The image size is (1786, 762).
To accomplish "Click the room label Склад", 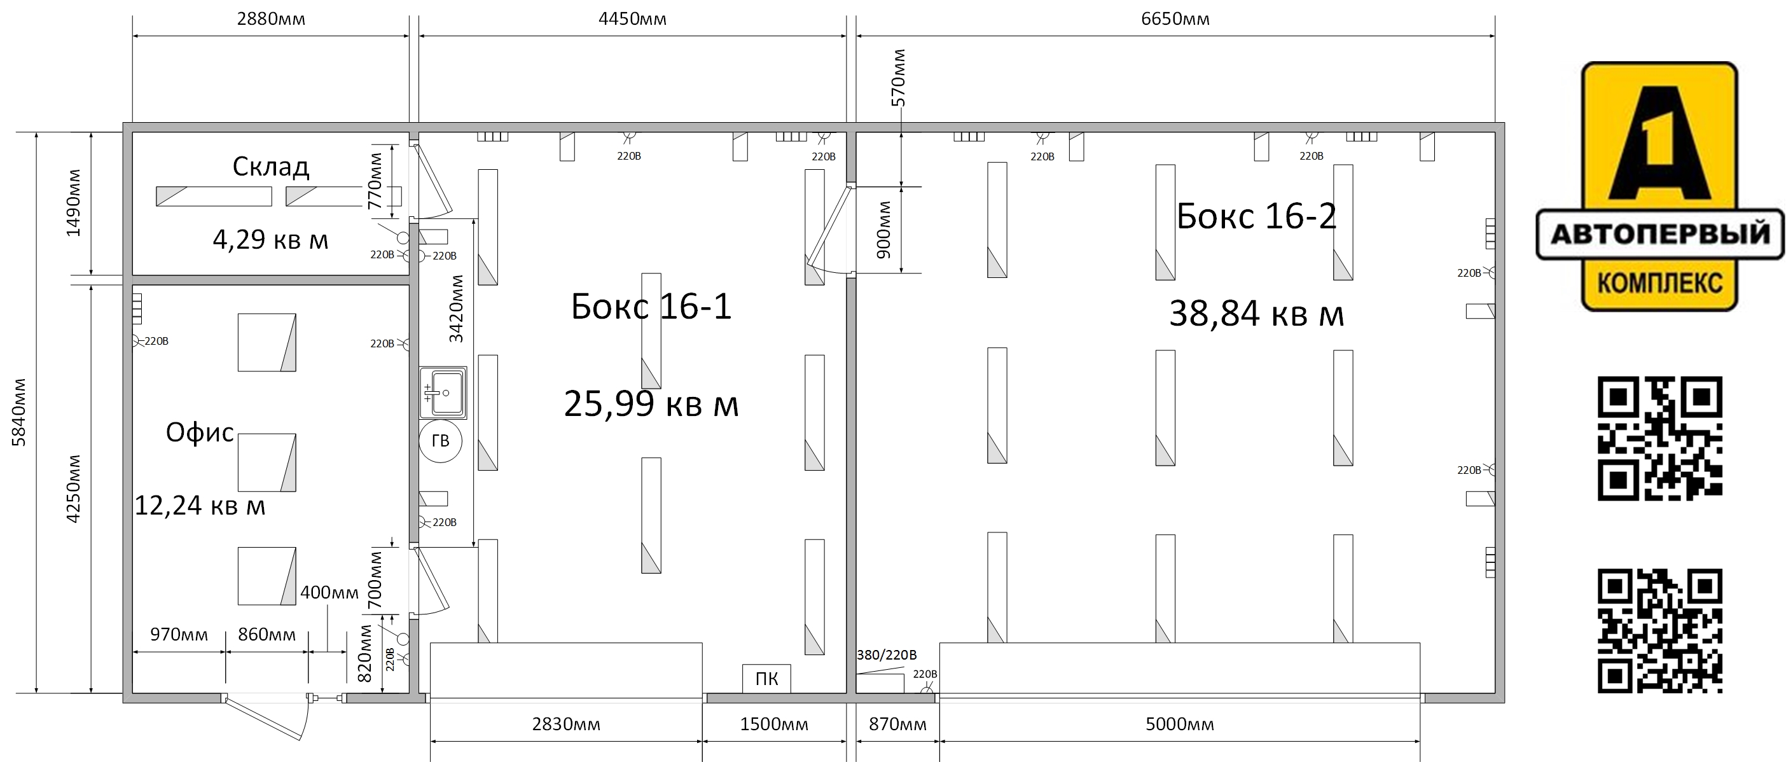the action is click(270, 167).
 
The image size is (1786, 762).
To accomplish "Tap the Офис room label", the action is click(200, 433).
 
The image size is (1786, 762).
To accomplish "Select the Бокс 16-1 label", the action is click(651, 307).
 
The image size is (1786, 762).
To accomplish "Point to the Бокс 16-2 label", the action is click(1256, 216).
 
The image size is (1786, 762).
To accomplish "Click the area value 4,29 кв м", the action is click(270, 240).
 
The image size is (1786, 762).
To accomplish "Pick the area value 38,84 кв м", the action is click(1256, 314).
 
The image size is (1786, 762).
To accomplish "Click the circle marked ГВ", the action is click(440, 441).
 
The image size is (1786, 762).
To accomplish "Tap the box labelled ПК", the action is click(766, 678).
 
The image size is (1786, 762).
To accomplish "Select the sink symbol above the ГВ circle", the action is click(443, 393).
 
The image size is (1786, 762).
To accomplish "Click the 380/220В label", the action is click(887, 655).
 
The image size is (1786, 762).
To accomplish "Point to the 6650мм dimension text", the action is click(1175, 18).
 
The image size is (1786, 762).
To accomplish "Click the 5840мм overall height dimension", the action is click(18, 413).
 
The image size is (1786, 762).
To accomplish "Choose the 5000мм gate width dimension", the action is click(1179, 724).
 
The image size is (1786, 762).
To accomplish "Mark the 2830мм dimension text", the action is click(565, 724).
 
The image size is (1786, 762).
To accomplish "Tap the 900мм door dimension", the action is click(883, 230).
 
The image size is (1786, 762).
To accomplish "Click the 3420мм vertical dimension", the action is click(455, 309).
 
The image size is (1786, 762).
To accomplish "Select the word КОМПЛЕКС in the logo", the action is click(1660, 283).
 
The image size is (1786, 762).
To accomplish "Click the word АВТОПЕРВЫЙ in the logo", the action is click(1660, 234).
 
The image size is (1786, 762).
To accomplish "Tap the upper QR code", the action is click(1660, 438).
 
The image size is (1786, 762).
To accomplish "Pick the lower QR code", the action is click(1660, 631).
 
